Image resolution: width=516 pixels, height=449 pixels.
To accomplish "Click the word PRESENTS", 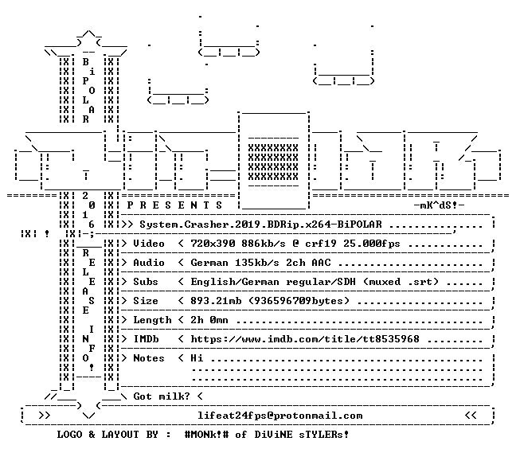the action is tap(174, 205).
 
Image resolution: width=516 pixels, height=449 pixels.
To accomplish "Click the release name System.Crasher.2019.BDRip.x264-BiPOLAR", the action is tap(260, 224).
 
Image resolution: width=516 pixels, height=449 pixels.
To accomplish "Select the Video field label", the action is tap(149, 244).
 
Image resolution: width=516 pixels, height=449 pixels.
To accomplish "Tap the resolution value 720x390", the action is tap(213, 244).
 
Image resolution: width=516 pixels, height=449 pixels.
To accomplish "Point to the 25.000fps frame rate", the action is tap(372, 244).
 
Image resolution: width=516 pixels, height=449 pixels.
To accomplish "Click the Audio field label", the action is tap(149, 263).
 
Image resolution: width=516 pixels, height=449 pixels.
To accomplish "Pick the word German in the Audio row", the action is tap(209, 263).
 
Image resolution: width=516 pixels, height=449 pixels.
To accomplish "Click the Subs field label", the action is tap(146, 282).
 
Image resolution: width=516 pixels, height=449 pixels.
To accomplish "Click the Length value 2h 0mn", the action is tap(209, 320).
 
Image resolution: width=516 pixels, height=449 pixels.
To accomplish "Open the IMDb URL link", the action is tap(305, 339).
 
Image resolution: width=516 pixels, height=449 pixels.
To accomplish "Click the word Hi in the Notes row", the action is tap(197, 358).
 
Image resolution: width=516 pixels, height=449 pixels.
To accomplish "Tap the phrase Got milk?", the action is tap(162, 396).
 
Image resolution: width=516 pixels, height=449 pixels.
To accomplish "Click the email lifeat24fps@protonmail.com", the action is tap(280, 416).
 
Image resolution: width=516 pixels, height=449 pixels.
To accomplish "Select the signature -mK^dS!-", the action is tap(439, 205).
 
